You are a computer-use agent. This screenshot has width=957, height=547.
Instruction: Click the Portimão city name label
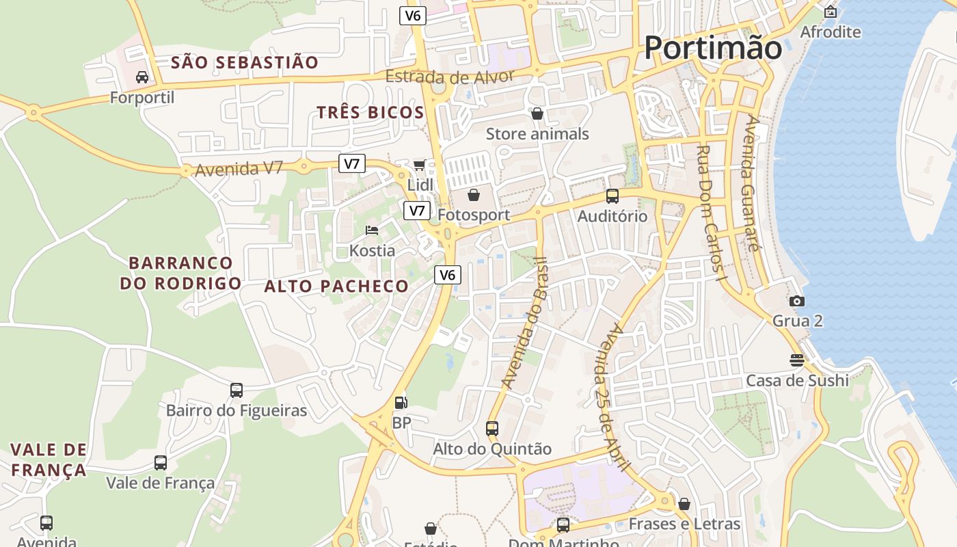712,48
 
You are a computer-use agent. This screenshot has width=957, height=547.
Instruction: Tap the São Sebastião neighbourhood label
244,63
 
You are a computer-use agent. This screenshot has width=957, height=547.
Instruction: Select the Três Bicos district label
370,113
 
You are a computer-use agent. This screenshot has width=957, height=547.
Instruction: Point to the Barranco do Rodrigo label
180,273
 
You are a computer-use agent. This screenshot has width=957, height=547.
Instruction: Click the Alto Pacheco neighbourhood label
336,286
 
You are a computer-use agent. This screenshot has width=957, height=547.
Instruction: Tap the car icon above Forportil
142,77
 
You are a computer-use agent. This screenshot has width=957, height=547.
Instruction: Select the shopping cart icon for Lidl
419,165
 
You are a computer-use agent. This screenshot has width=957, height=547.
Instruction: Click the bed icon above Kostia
372,230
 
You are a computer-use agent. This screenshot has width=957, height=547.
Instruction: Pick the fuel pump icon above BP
401,403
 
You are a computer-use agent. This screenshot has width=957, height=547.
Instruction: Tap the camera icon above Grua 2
796,301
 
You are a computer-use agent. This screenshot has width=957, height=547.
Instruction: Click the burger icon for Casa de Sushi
796,360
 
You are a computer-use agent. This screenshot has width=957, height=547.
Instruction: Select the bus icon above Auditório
612,196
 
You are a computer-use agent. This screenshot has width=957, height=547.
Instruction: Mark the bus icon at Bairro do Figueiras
237,390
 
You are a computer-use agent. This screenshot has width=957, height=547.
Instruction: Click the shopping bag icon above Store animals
537,114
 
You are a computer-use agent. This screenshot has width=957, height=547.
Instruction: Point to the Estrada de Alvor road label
449,76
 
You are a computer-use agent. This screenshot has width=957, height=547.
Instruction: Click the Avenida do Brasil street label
524,323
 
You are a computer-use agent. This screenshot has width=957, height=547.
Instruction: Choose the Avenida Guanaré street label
751,183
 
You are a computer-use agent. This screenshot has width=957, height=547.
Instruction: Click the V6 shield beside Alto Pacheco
447,275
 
